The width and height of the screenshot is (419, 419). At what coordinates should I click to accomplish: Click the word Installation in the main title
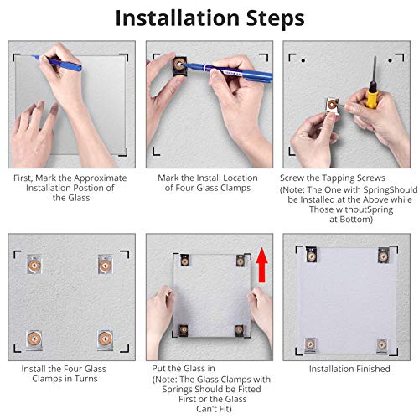(178, 18)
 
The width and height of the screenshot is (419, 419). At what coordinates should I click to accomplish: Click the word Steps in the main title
(275, 19)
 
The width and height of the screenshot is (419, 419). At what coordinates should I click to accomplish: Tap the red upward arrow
(262, 265)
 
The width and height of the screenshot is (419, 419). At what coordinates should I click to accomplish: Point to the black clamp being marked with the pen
(179, 66)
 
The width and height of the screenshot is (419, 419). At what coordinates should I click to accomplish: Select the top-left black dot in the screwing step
(303, 60)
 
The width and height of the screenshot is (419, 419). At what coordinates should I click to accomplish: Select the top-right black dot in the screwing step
(391, 60)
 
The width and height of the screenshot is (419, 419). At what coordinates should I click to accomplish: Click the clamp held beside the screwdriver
(333, 106)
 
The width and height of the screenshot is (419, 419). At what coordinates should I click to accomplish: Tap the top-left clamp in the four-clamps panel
(34, 265)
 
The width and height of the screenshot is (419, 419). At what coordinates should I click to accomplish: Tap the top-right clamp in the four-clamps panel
(105, 265)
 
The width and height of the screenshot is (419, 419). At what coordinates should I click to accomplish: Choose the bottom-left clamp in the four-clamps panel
(34, 339)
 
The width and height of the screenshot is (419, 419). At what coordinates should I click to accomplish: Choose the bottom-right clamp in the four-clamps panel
(105, 339)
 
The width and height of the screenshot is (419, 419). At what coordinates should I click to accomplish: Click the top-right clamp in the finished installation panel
(384, 255)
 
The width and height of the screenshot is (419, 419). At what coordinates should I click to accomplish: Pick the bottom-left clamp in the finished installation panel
(310, 345)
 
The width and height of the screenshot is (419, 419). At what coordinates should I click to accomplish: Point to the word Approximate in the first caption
(101, 178)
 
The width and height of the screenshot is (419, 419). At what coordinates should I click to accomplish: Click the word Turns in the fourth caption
(86, 379)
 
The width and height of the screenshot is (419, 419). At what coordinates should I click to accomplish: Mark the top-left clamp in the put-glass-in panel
(184, 260)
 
